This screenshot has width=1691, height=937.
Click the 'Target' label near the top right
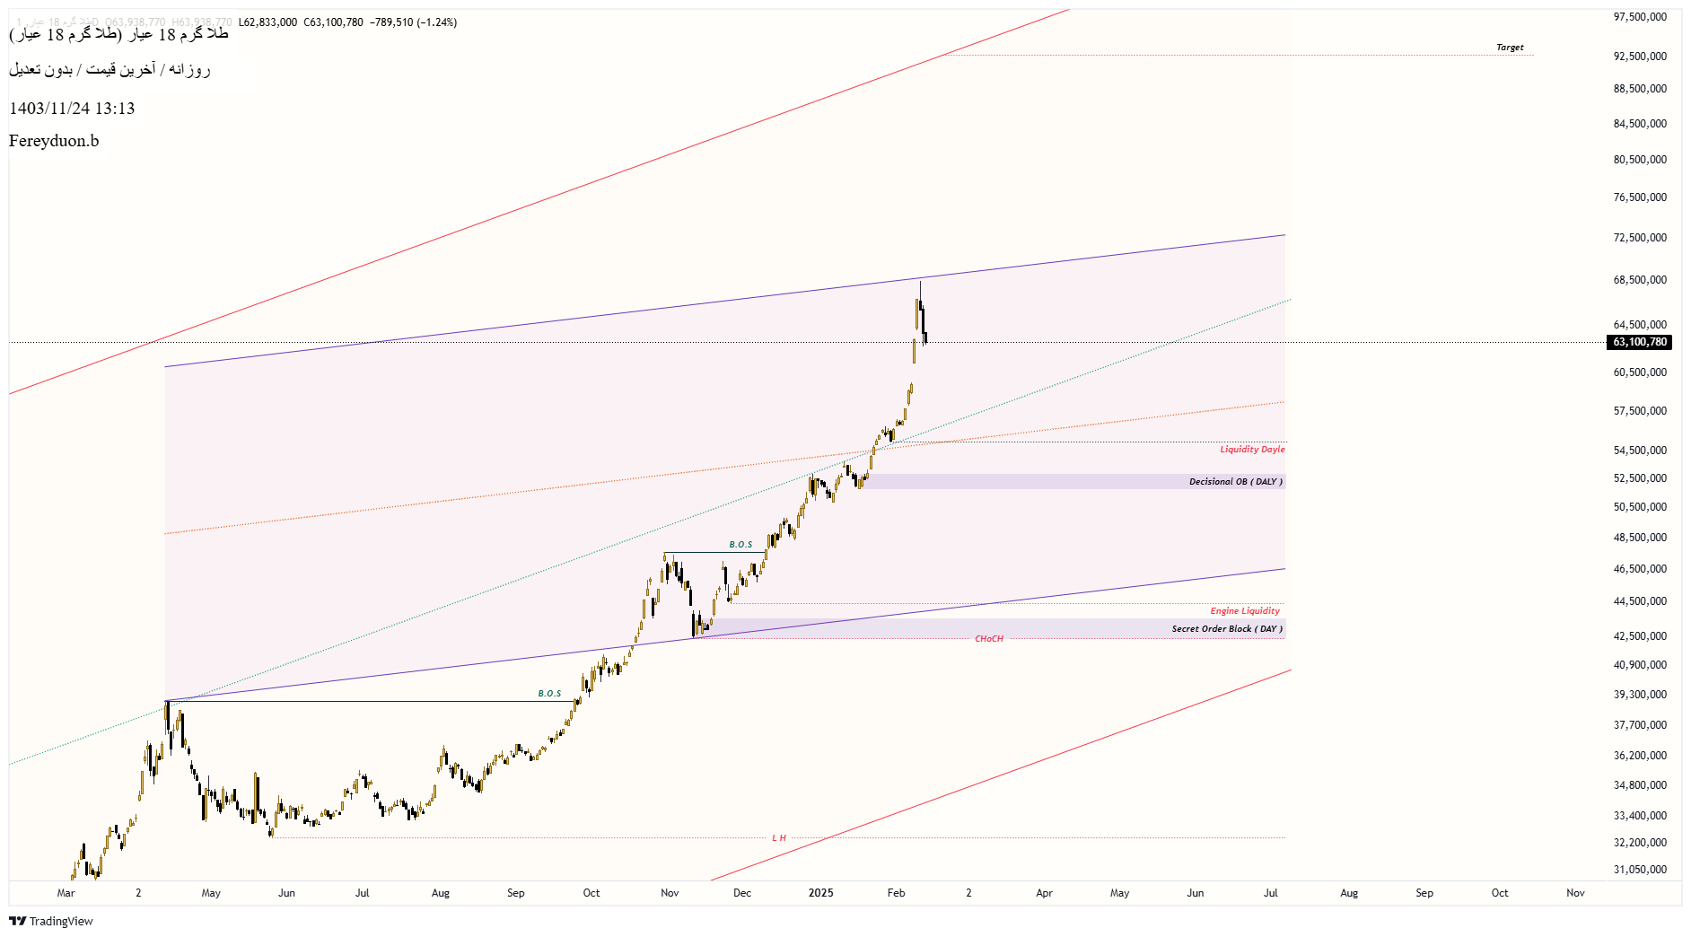pyautogui.click(x=1510, y=48)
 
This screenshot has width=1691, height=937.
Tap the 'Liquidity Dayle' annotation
pyautogui.click(x=1252, y=450)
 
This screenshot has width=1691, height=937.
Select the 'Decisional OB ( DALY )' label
pyautogui.click(x=1235, y=482)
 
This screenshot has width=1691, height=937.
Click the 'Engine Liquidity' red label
pyautogui.click(x=1245, y=611)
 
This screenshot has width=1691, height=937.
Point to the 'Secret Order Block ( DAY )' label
pyautogui.click(x=1226, y=629)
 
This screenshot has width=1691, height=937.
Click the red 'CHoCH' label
pyautogui.click(x=989, y=639)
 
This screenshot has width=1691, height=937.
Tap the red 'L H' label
pyautogui.click(x=779, y=838)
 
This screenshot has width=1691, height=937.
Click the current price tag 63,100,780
pyautogui.click(x=1640, y=342)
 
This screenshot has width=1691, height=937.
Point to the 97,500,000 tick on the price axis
pyautogui.click(x=1640, y=17)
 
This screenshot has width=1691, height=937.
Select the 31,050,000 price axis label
pyautogui.click(x=1640, y=870)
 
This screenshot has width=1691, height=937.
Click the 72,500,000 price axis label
pyautogui.click(x=1640, y=238)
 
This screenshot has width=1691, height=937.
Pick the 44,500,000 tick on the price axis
pyautogui.click(x=1640, y=601)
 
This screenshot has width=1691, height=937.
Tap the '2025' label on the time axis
pyautogui.click(x=820, y=893)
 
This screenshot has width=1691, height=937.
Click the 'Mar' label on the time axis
pyautogui.click(x=66, y=893)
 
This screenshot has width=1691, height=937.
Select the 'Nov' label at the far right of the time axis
pyautogui.click(x=1575, y=893)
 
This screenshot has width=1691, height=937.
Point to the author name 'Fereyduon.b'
pyautogui.click(x=54, y=141)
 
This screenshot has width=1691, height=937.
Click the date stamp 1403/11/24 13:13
pyautogui.click(x=72, y=109)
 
